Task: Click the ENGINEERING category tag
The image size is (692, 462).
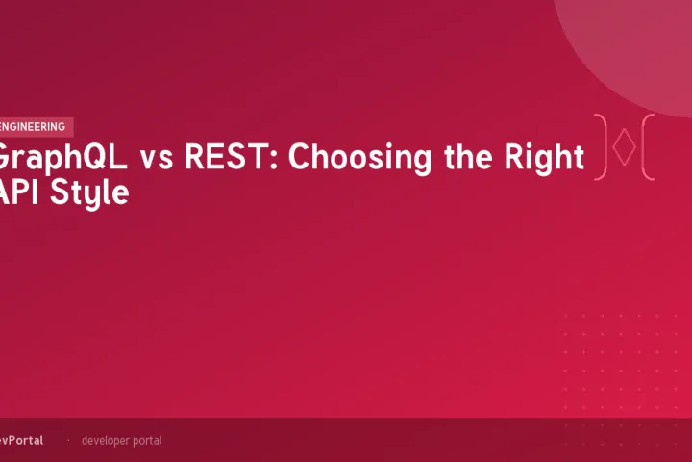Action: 35,127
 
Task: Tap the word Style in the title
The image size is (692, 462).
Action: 90,192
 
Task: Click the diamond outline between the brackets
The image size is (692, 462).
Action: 624,147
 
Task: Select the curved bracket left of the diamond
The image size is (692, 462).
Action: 602,147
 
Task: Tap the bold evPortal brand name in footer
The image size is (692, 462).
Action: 20,440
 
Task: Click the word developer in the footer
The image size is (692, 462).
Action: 105,440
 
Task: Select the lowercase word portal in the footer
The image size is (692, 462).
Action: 147,441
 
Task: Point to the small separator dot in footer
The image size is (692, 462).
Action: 67,440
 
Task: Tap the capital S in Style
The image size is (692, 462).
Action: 61,192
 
